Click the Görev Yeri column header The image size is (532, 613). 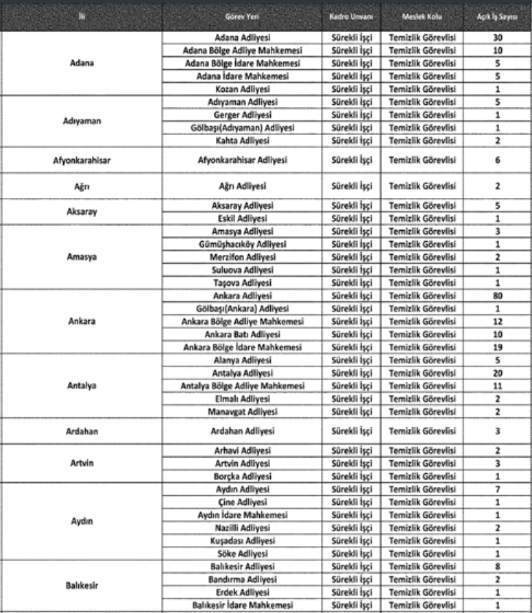point(242,15)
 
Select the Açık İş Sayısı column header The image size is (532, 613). point(497,15)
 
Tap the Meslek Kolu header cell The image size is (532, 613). point(422,15)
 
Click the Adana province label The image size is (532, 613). point(82,63)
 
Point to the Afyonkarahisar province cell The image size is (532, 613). point(82,160)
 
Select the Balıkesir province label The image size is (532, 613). point(82,586)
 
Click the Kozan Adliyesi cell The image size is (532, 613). point(242,89)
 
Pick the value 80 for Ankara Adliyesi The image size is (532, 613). point(497,296)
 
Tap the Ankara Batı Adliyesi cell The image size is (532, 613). point(242,334)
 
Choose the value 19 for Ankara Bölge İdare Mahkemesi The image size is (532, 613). point(497,347)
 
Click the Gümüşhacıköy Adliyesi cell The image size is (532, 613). point(242,244)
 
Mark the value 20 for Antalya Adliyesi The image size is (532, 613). point(497,373)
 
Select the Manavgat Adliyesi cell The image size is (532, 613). point(242,412)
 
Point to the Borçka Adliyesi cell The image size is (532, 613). point(242,476)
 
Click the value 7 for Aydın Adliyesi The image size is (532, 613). point(497,489)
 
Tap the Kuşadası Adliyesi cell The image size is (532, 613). point(242,540)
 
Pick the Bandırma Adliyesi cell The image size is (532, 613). point(242,579)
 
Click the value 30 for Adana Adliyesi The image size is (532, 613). point(497,37)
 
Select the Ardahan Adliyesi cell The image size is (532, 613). point(242,431)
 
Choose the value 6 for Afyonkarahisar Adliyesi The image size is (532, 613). point(497,160)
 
